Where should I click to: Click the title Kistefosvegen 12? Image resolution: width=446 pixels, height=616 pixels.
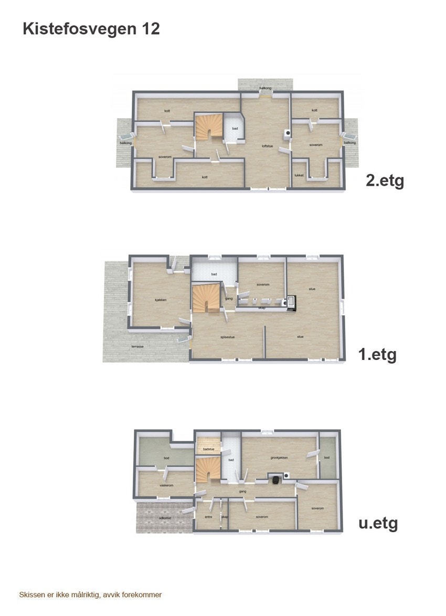(91, 29)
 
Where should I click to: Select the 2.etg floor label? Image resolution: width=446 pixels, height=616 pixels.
(385, 182)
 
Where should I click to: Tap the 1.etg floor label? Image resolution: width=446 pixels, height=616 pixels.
(377, 355)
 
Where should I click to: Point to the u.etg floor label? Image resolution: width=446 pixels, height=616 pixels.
(378, 523)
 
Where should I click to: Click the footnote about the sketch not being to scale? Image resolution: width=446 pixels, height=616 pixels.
(90, 595)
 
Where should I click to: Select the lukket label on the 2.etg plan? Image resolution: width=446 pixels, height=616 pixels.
(299, 176)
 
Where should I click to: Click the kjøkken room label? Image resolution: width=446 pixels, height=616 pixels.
(160, 300)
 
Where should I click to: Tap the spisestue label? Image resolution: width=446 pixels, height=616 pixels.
(227, 337)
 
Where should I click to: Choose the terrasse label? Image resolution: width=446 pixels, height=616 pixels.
(137, 347)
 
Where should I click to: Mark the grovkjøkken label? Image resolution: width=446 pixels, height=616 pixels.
(279, 457)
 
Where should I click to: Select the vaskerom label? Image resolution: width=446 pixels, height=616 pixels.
(166, 485)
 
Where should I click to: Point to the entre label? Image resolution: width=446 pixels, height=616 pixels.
(207, 517)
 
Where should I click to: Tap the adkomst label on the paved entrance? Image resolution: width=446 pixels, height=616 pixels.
(165, 518)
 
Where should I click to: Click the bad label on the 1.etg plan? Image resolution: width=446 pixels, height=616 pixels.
(214, 274)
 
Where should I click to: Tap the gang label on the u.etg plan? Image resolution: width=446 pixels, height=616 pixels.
(243, 491)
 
